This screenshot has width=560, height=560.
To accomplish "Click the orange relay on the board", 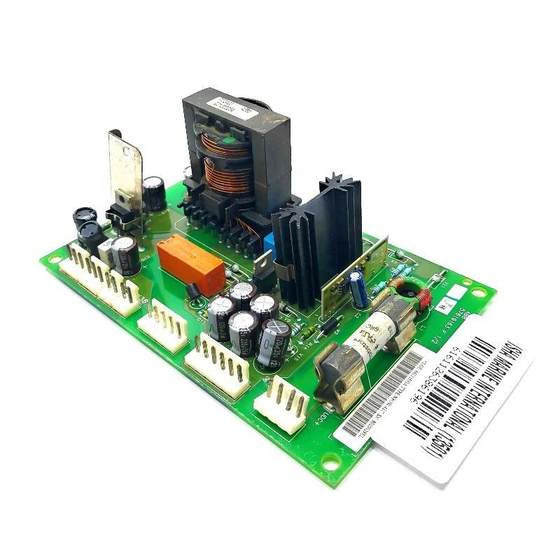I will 190,263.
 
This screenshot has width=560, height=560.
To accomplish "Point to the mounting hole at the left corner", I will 51,259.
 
